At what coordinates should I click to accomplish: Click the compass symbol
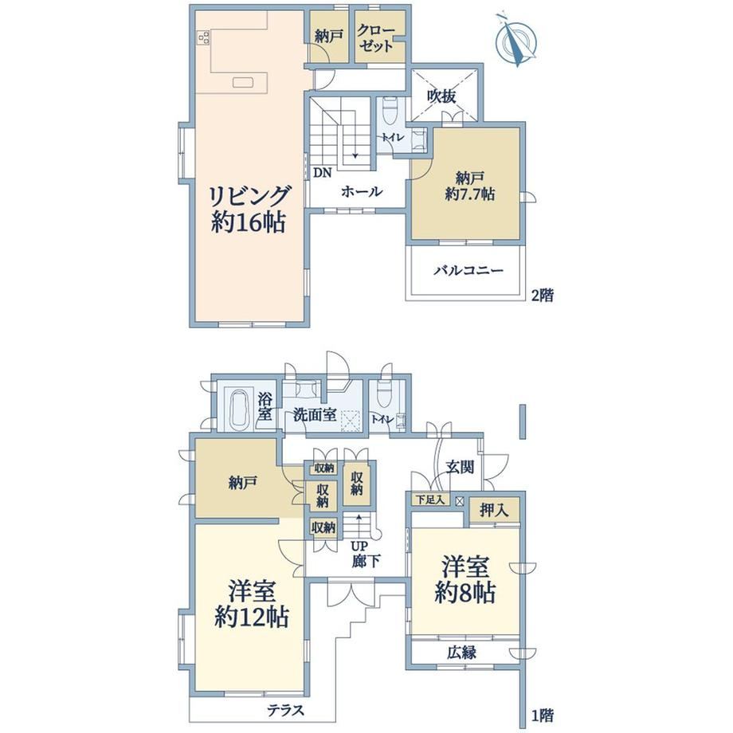point(516,40)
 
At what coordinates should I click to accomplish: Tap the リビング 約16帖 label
point(249,209)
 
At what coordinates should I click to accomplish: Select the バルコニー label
point(468,270)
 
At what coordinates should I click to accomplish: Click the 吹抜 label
point(441,96)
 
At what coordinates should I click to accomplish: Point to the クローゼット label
point(376,38)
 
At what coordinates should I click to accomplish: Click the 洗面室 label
point(315,414)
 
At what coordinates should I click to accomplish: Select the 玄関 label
point(460,467)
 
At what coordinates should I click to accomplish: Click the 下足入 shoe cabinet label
point(430,500)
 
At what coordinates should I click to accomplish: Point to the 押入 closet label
point(494,511)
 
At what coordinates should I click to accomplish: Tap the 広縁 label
point(461,652)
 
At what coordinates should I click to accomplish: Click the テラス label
point(285,710)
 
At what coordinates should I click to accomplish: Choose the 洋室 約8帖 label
point(465,580)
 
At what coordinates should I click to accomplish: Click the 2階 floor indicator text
point(543,295)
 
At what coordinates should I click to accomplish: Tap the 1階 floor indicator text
point(543,715)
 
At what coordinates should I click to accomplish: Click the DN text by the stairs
point(322,173)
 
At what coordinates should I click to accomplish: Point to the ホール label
point(362,191)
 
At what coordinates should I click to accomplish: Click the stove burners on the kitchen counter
point(204,37)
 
